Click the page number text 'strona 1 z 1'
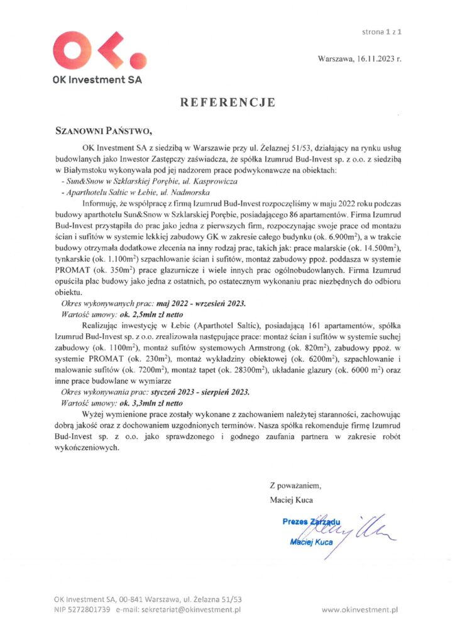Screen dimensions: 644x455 pyautogui.click(x=383, y=30)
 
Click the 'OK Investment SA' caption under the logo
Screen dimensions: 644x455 pyautogui.click(x=97, y=80)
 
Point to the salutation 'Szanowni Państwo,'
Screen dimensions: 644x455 pyautogui.click(x=104, y=131)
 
